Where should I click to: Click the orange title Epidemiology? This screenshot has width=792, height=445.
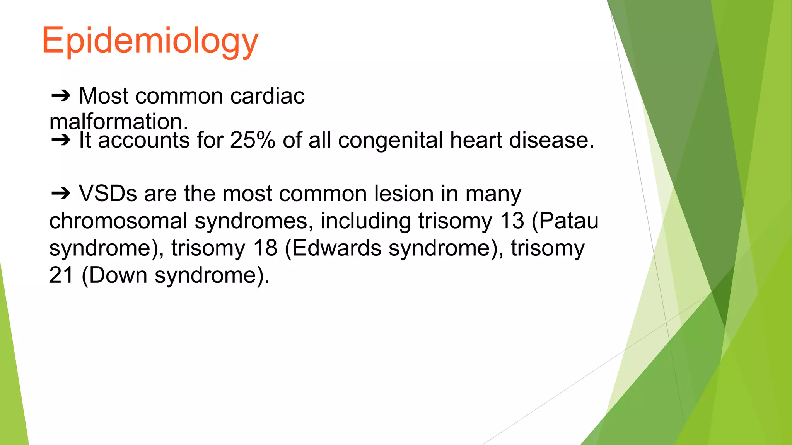click(150, 41)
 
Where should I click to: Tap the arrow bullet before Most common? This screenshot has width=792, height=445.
click(61, 95)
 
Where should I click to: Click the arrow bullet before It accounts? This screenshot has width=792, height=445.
click(61, 140)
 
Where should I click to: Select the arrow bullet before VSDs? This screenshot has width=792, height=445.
click(61, 193)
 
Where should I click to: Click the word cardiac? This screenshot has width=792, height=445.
click(267, 96)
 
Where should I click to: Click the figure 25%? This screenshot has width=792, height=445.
click(252, 140)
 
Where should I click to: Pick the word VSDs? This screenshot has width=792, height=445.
click(108, 193)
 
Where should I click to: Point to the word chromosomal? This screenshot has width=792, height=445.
click(118, 221)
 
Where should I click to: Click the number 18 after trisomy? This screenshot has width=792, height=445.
click(265, 248)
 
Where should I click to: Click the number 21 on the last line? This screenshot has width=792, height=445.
click(61, 275)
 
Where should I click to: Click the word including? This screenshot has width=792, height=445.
click(365, 221)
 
